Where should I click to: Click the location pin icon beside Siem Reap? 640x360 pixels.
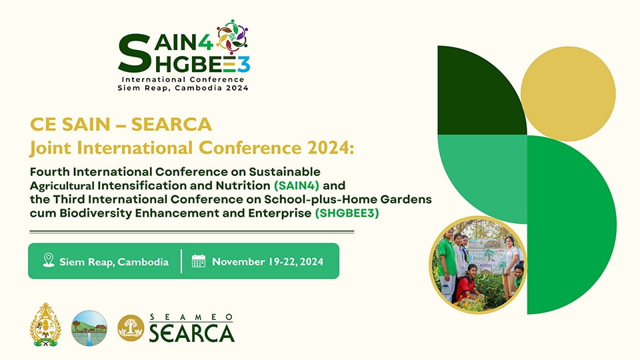[x=49, y=260]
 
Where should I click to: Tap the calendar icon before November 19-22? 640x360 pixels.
[x=199, y=261]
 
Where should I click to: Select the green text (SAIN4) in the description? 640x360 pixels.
[x=297, y=186]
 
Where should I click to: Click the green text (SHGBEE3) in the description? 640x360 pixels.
[x=347, y=213]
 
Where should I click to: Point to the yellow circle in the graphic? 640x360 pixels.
[x=568, y=94]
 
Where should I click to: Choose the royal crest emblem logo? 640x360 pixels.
[x=45, y=325]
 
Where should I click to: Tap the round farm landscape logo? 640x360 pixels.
[x=89, y=328]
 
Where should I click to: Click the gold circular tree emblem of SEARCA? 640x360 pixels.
[x=131, y=328]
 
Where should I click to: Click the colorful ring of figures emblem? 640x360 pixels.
[x=232, y=37]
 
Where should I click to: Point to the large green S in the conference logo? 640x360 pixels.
[x=134, y=53]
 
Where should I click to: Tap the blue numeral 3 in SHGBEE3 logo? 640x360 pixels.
[x=244, y=65]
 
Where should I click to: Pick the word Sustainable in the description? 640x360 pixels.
[x=285, y=171]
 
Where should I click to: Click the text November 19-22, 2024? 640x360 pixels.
[x=268, y=261]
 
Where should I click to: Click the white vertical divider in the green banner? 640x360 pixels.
[x=181, y=261]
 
